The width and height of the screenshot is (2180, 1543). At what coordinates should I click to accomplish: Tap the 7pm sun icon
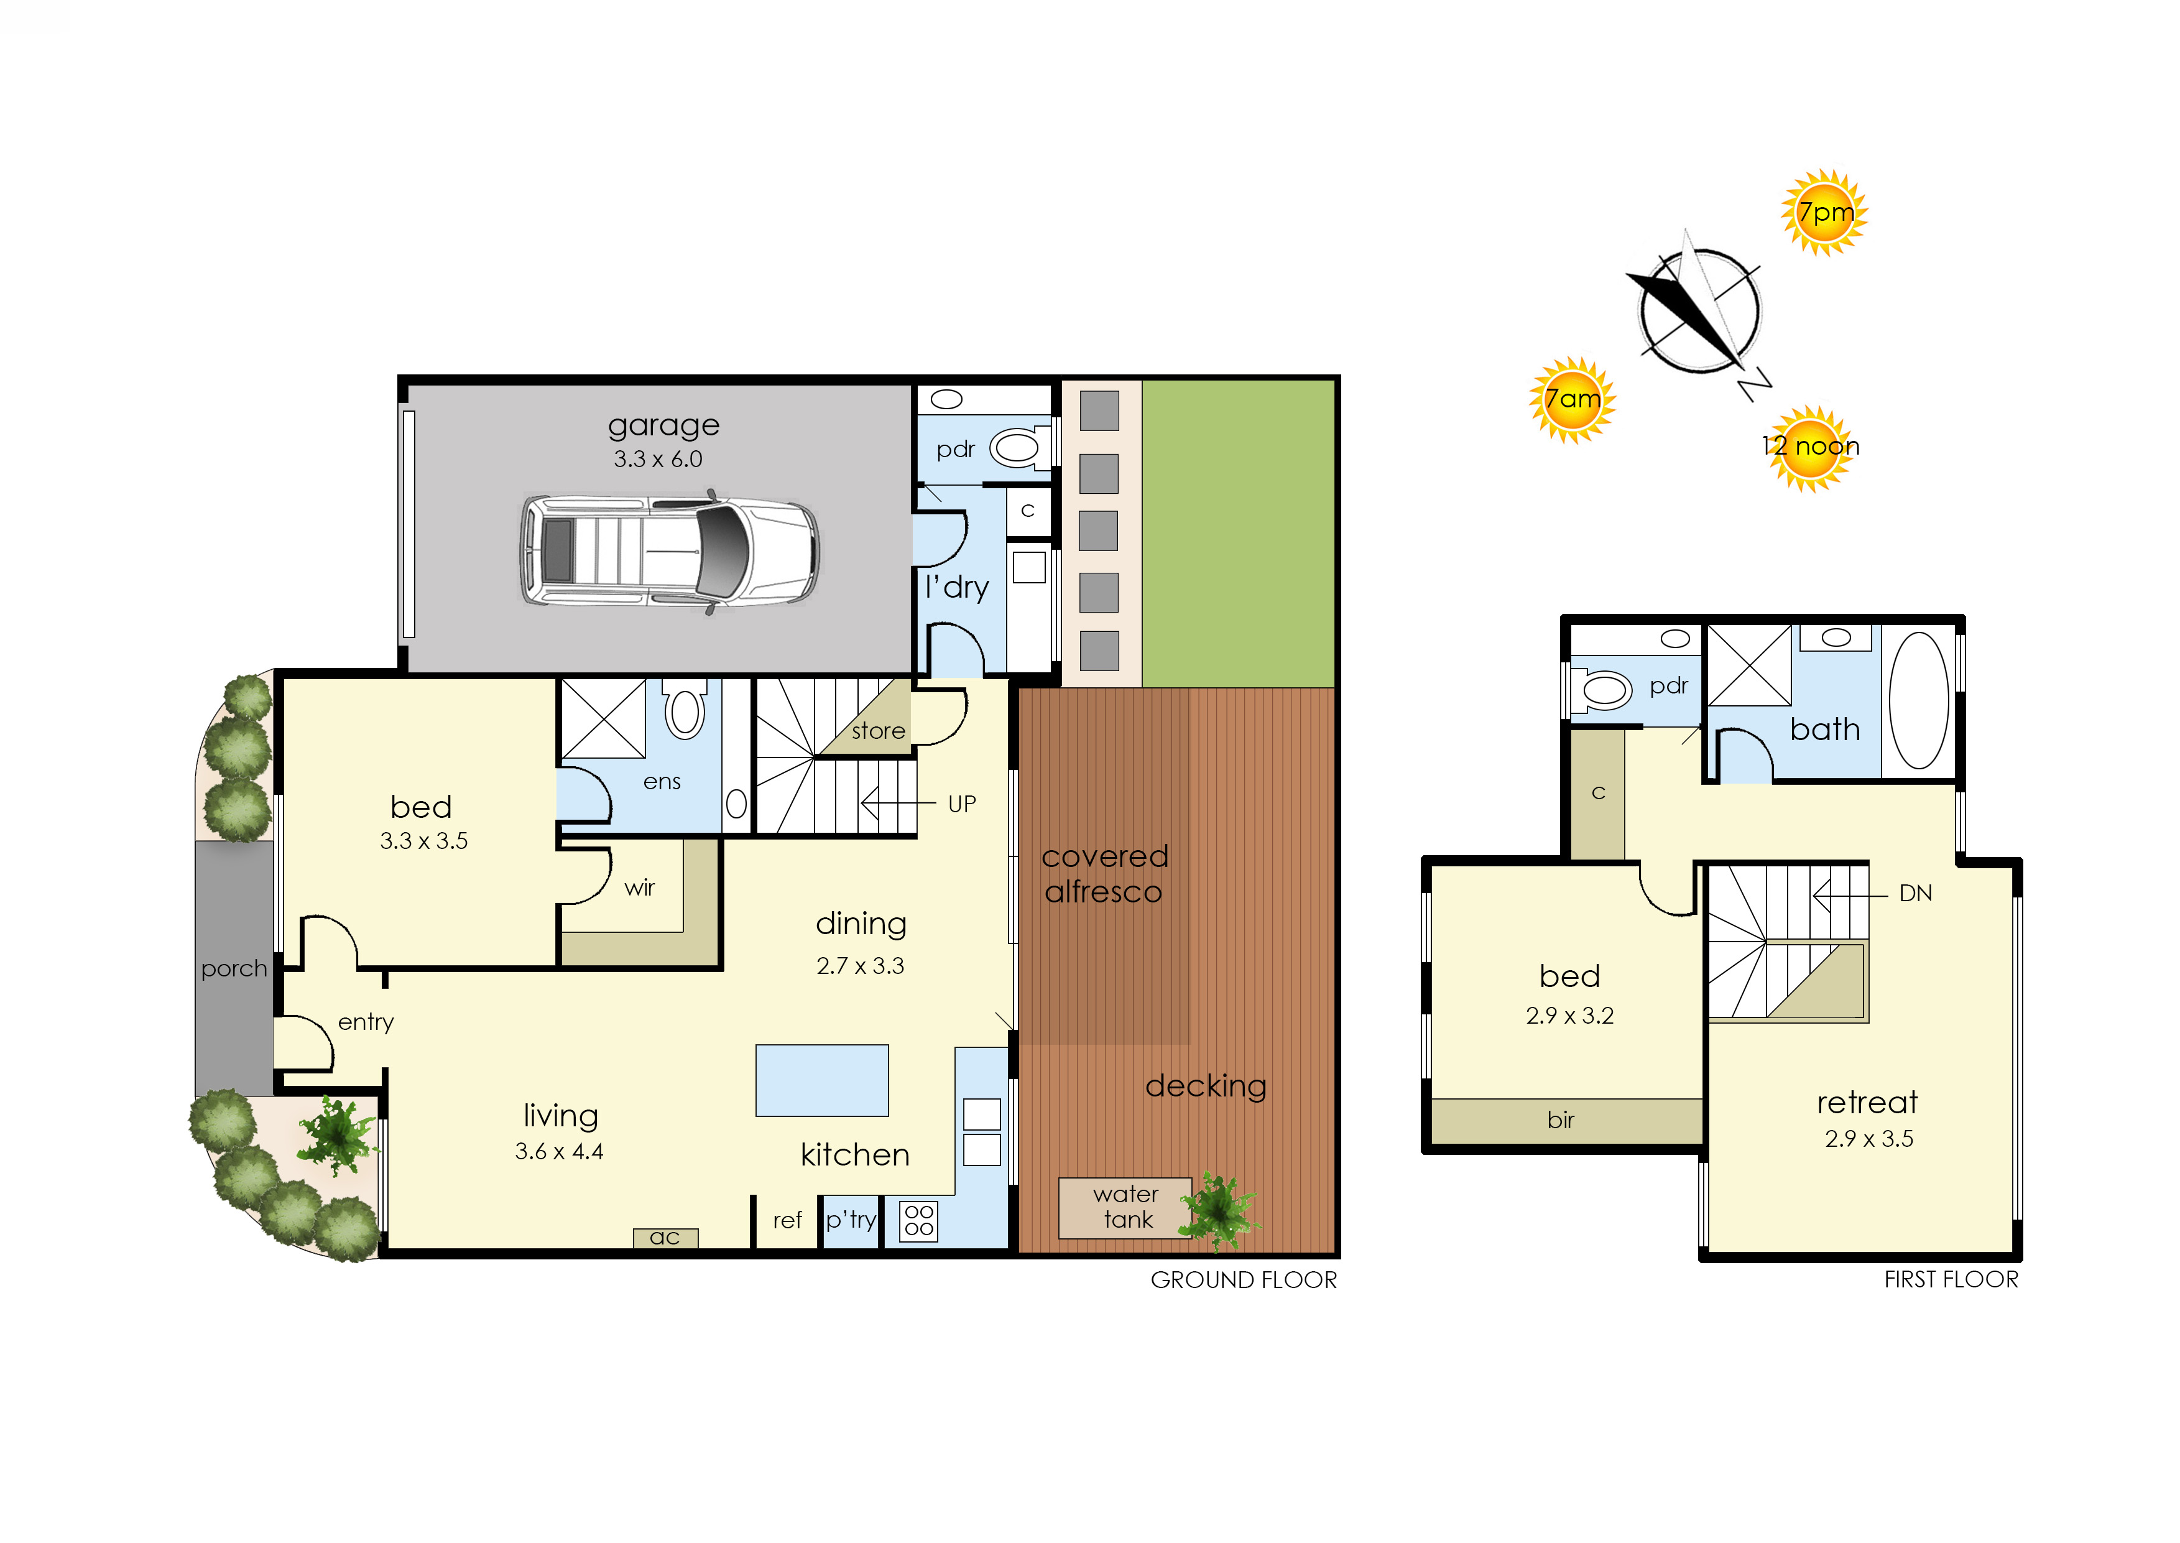pos(1824,212)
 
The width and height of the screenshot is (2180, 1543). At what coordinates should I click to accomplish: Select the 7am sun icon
pos(1572,399)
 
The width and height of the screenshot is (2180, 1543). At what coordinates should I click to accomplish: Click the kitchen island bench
pos(821,1080)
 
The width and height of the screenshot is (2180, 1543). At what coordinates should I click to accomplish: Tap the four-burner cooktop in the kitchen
pos(918,1221)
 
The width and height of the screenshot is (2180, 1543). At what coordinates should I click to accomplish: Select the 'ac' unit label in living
pos(665,1237)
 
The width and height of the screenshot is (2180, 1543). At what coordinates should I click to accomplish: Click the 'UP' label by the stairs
pos(961,804)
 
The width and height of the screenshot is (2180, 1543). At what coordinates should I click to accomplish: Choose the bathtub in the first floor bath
pos(1919,700)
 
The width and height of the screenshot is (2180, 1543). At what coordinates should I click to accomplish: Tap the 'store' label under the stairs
pos(878,731)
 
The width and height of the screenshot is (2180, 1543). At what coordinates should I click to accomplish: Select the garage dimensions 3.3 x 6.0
pos(657,459)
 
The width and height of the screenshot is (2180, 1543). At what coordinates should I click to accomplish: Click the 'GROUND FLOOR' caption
pos(1244,1280)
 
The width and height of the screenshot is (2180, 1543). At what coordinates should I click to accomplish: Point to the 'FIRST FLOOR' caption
pos(1951,1280)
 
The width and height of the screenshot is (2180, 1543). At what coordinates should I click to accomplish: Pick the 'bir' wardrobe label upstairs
pos(1561,1120)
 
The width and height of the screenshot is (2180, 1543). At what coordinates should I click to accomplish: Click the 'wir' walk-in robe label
pos(639,887)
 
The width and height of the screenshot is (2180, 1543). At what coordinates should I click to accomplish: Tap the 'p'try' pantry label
pos(850,1220)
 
